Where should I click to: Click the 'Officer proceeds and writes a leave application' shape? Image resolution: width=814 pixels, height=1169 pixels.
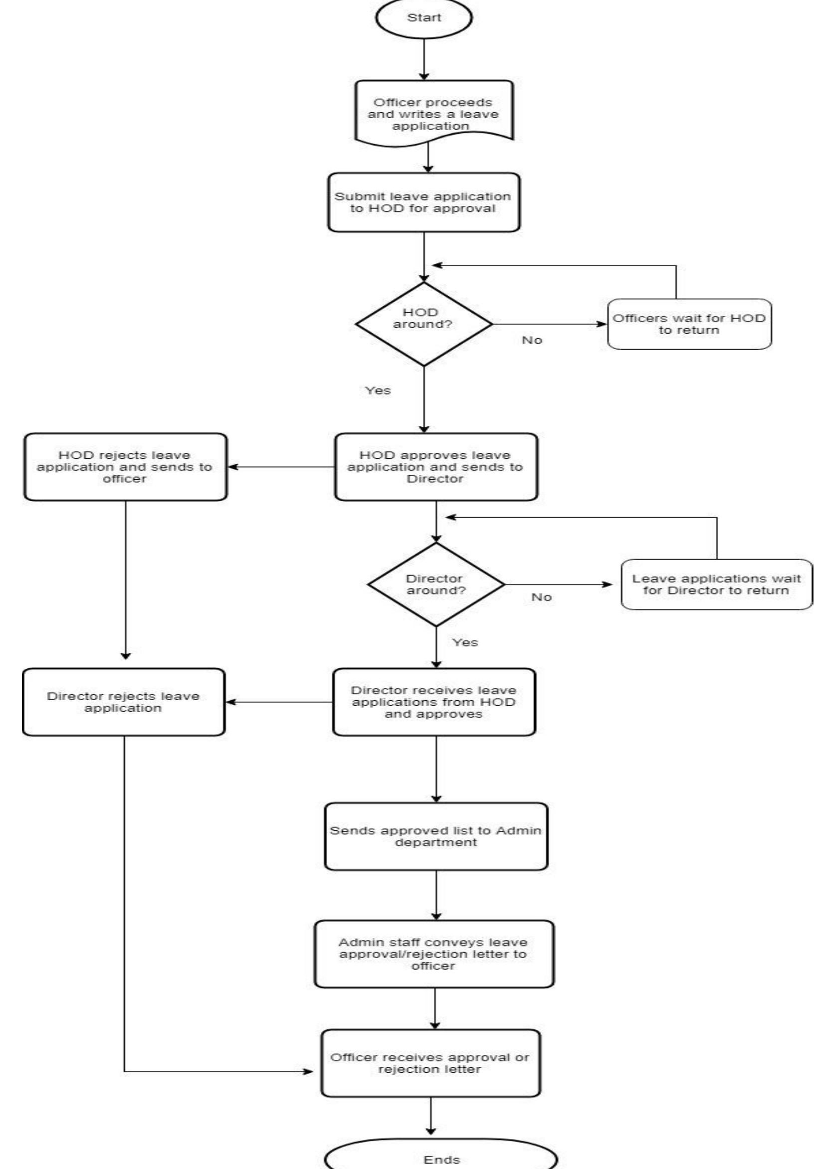click(433, 113)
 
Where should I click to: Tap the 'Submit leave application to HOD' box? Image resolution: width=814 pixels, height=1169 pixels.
click(423, 202)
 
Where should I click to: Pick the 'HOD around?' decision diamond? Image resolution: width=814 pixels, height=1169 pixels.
click(423, 324)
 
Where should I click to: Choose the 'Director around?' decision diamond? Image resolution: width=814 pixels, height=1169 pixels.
click(436, 584)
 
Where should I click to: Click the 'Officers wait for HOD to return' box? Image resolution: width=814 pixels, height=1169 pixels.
click(689, 324)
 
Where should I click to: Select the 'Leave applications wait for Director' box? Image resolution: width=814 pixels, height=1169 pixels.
click(716, 584)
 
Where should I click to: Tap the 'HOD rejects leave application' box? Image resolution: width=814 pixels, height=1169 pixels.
click(125, 466)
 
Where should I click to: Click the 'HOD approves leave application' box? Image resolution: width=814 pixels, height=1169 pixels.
click(436, 466)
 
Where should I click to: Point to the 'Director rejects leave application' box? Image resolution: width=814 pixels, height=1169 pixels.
click(124, 702)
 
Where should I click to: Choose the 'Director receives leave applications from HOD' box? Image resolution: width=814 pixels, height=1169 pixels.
click(434, 702)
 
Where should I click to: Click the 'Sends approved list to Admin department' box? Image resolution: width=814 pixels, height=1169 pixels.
click(436, 836)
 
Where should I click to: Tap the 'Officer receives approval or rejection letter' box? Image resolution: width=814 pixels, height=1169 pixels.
click(430, 1063)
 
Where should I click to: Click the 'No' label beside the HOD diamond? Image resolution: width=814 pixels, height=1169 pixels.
click(532, 340)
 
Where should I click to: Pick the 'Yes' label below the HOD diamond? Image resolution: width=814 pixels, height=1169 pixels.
click(378, 390)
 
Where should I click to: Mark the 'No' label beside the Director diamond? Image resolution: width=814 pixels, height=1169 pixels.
click(541, 597)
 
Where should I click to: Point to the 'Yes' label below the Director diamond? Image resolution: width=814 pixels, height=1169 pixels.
click(465, 642)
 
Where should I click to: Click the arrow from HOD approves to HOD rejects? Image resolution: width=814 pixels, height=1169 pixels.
click(280, 466)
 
